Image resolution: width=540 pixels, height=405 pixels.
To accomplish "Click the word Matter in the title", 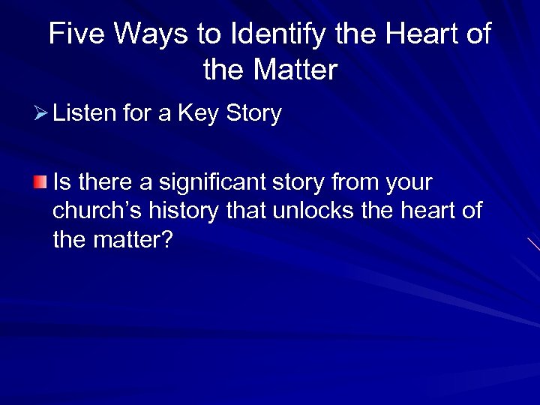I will pos(295,71).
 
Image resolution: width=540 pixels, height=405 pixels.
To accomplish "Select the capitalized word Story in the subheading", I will pos(253,115).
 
